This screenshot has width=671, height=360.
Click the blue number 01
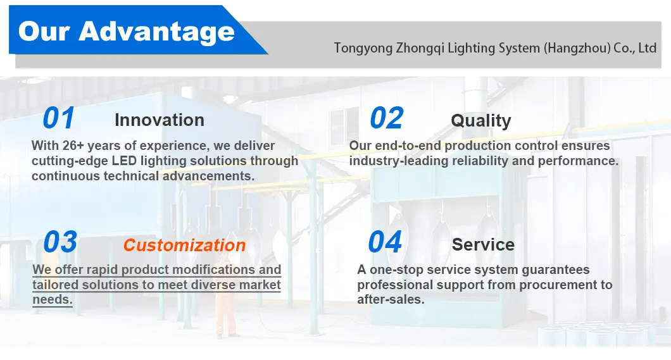click(x=59, y=118)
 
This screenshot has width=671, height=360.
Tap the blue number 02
click(x=386, y=118)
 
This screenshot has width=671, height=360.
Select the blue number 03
click(x=60, y=242)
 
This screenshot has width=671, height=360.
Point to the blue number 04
click(x=385, y=242)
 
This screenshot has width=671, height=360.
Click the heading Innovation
click(x=160, y=120)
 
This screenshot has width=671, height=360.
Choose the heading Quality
click(x=481, y=121)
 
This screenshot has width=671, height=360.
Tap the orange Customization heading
click(x=184, y=245)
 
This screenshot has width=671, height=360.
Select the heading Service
click(x=483, y=245)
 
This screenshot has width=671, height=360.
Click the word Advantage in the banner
click(x=156, y=32)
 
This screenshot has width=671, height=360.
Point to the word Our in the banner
click(x=44, y=32)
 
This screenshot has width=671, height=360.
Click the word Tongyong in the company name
click(x=363, y=48)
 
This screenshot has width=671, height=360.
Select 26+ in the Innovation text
click(x=73, y=146)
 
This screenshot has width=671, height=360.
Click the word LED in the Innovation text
click(x=124, y=161)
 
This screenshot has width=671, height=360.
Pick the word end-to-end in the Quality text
click(x=408, y=146)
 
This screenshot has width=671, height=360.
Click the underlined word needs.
click(x=52, y=300)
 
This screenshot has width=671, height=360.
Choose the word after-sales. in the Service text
click(x=391, y=300)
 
